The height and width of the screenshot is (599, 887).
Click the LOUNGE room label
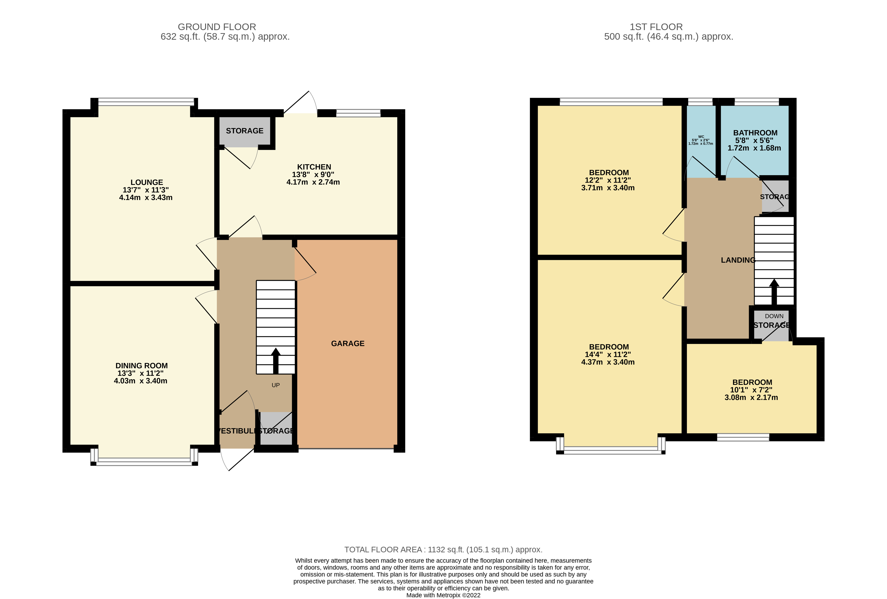click(x=146, y=182)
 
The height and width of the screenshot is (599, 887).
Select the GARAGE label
click(x=347, y=343)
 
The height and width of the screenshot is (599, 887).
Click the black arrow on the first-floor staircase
click(x=774, y=292)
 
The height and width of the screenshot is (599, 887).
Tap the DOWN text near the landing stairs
click(x=774, y=316)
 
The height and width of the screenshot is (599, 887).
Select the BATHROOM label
click(x=755, y=133)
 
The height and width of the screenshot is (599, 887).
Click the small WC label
click(x=701, y=137)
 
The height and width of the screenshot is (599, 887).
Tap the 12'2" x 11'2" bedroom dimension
click(x=608, y=180)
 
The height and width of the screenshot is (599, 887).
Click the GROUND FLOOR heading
click(x=217, y=27)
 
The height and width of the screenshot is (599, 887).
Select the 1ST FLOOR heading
click(x=656, y=27)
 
